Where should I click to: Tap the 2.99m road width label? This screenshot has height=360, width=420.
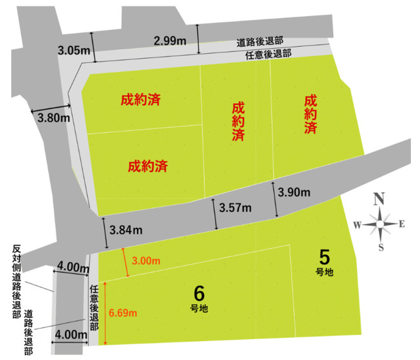[171, 41]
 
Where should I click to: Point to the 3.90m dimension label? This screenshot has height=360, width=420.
[293, 193]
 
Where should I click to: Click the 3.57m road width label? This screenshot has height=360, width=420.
[236, 208]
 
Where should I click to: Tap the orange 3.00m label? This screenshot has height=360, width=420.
[146, 261]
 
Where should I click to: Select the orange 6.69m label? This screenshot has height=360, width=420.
[123, 313]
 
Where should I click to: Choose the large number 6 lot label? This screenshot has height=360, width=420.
[199, 291]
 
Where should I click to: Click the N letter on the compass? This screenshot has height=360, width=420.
[380, 198]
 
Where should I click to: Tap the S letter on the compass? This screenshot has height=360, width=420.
[381, 247]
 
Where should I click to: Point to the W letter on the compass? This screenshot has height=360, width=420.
[357, 224]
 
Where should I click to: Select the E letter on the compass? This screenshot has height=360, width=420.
[402, 224]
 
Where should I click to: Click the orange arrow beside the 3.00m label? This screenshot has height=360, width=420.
[125, 262]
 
